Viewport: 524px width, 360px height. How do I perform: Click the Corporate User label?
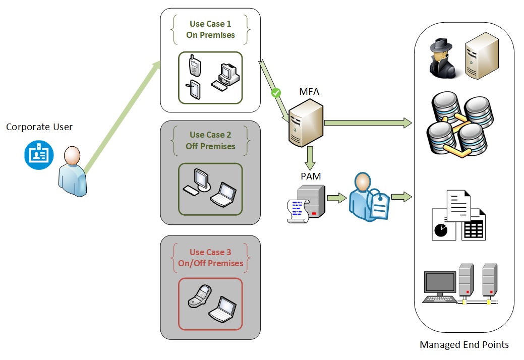click(39, 127)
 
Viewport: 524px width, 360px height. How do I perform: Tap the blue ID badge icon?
click(38, 154)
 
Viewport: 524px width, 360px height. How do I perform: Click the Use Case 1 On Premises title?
click(210, 29)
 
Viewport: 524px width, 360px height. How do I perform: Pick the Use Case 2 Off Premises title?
click(210, 141)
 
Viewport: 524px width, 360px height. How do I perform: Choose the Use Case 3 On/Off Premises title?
click(210, 258)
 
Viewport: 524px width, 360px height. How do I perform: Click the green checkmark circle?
click(276, 93)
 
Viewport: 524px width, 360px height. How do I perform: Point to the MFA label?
click(309, 92)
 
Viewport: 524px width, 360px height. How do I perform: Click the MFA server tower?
click(306, 123)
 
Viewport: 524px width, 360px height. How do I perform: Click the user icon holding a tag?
click(368, 197)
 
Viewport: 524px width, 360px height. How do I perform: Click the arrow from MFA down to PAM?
click(310, 158)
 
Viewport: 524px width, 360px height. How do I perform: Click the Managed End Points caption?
click(464, 345)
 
